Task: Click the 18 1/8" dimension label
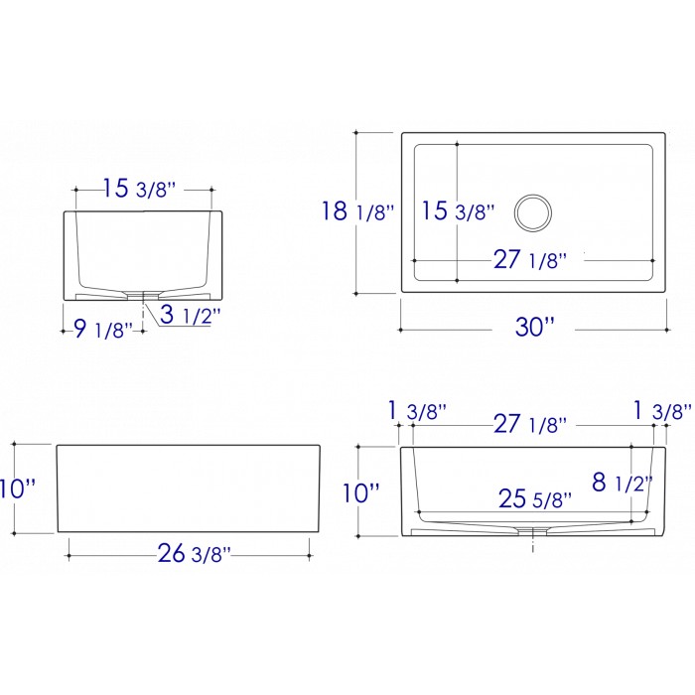tap(357, 210)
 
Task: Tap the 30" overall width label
tap(534, 327)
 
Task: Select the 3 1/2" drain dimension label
tap(190, 315)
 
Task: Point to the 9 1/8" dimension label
tap(103, 330)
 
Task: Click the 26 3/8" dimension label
tap(195, 553)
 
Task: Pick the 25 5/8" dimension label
tap(535, 499)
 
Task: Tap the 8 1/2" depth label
tap(623, 482)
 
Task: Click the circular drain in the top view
tap(533, 212)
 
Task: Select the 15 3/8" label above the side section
tap(140, 189)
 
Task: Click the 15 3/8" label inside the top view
tap(458, 210)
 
